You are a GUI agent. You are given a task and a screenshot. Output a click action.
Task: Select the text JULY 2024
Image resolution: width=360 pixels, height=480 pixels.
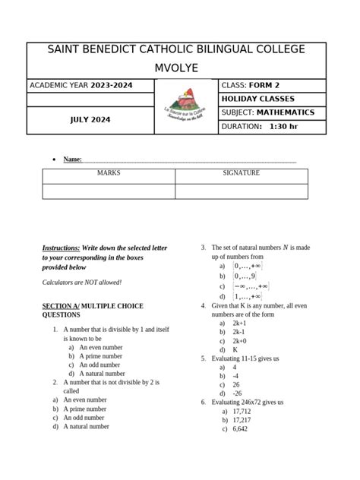point(90,120)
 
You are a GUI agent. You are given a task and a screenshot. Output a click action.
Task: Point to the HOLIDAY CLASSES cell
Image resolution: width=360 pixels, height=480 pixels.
point(257,99)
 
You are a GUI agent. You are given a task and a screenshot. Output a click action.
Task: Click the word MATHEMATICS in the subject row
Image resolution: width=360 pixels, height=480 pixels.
point(285,112)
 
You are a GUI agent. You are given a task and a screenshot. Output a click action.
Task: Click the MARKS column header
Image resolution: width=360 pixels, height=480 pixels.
point(109,173)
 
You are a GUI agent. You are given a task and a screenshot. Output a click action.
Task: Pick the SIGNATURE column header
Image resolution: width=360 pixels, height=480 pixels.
point(241,173)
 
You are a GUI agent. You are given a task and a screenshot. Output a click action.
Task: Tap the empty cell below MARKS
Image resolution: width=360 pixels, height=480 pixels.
point(109,191)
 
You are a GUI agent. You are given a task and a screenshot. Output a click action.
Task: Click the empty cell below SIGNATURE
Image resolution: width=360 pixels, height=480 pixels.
point(241,191)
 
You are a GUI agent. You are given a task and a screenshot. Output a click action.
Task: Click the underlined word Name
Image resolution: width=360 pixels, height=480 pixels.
point(72,159)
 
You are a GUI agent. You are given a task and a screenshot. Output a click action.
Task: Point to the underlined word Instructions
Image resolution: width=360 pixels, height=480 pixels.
point(61,248)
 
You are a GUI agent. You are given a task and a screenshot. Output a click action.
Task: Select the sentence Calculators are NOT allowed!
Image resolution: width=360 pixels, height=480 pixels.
point(82,283)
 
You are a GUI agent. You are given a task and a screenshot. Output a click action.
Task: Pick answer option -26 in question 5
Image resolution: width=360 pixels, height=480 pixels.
point(237,393)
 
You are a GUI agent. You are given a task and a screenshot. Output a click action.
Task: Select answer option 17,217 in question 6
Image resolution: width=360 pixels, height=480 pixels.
point(242,420)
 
